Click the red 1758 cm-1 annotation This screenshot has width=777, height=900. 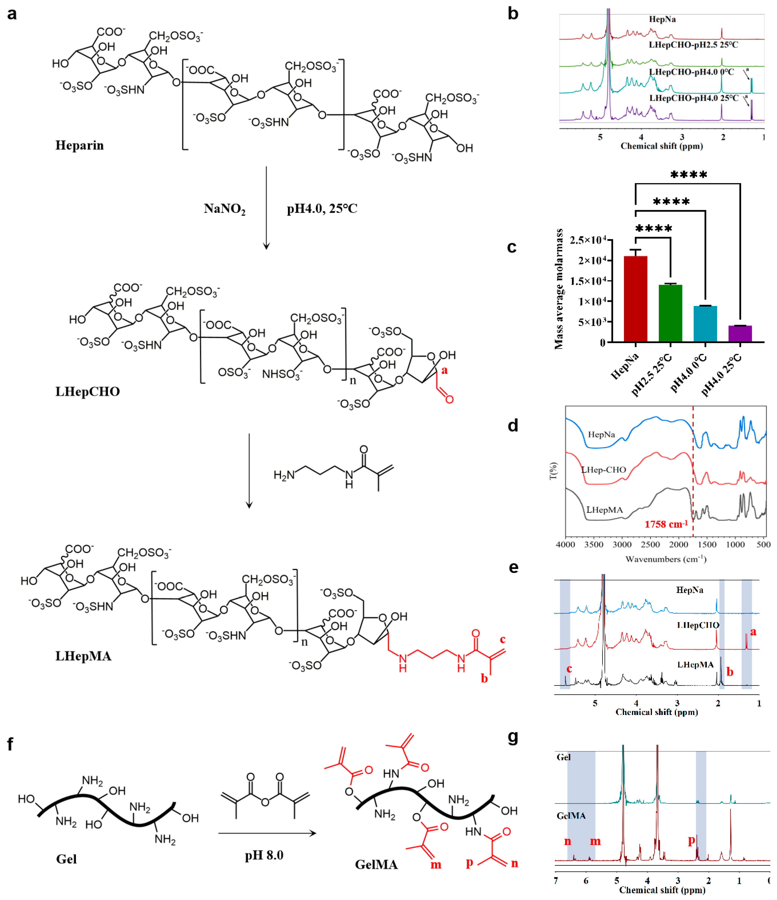coord(665,524)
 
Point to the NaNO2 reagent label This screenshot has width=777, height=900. coord(224,209)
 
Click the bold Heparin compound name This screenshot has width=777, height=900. coord(80,145)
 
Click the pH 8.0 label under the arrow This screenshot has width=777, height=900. coord(264,855)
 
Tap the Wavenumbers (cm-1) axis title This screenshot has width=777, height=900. coord(665,559)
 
